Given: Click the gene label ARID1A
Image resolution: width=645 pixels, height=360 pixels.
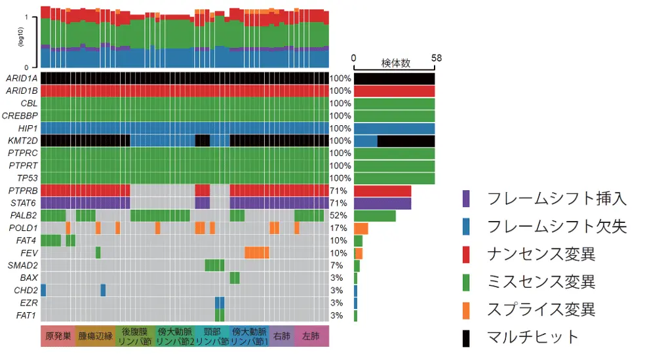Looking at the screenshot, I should [22, 79].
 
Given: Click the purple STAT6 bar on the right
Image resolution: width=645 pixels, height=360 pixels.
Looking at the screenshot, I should [382, 203].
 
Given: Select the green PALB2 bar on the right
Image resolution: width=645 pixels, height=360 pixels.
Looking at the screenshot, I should [374, 215].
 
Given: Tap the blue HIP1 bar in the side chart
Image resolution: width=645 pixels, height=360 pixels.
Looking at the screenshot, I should [394, 129].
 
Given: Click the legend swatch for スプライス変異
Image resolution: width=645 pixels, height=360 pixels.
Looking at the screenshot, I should [466, 310].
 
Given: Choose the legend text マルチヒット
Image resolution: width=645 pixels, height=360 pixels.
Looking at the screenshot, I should [533, 337].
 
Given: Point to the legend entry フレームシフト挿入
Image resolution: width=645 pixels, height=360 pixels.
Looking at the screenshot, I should [557, 199].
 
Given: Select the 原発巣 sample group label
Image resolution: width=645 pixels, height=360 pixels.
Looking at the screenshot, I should [58, 336].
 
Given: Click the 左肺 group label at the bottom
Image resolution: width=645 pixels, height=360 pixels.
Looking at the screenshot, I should [311, 336].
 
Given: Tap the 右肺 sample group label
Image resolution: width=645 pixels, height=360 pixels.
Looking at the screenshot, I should [282, 336].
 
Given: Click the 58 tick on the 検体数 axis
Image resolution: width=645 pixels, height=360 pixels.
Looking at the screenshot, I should [436, 58].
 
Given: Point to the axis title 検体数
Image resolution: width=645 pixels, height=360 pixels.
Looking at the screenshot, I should [396, 64].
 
